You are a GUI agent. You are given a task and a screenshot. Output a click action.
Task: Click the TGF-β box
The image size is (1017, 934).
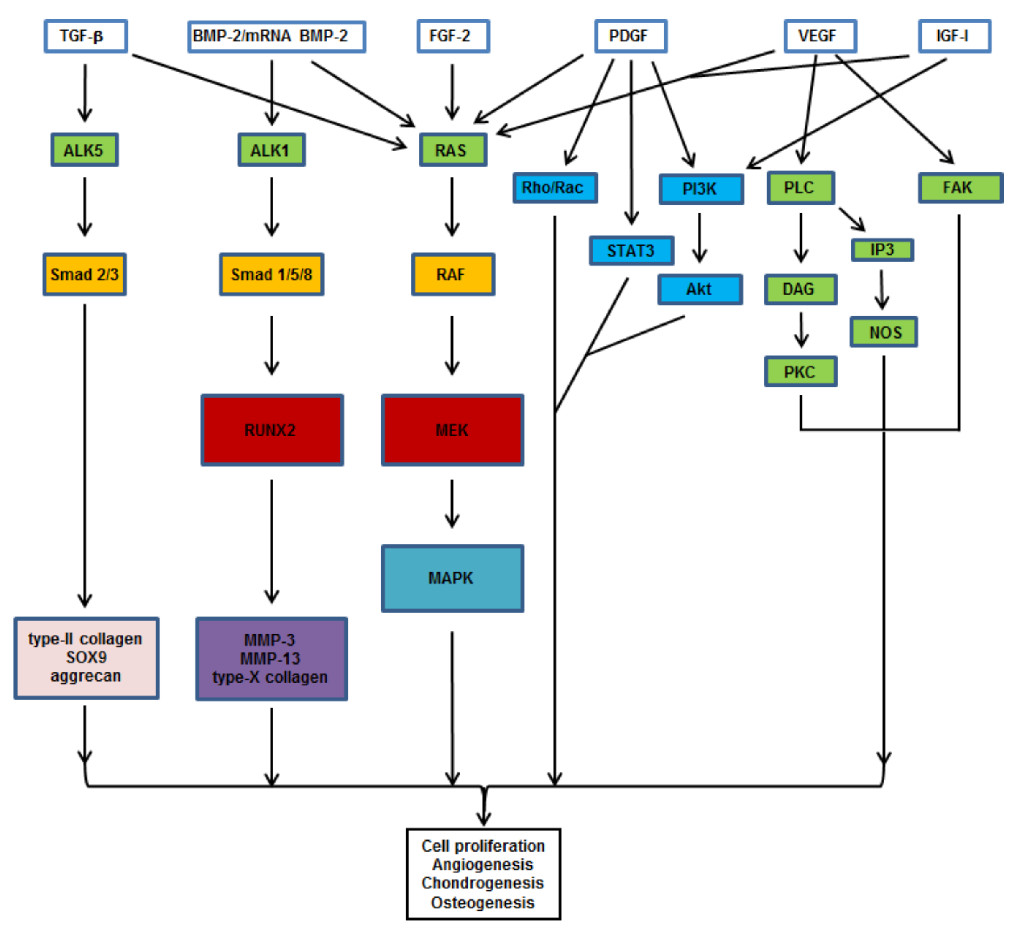point(85,36)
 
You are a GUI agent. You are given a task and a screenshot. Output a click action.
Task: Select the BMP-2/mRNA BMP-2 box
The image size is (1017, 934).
point(276,36)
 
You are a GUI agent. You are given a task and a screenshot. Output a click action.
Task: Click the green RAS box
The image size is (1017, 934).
point(452,150)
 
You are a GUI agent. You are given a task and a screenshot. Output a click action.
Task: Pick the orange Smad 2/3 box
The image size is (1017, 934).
point(84,275)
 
